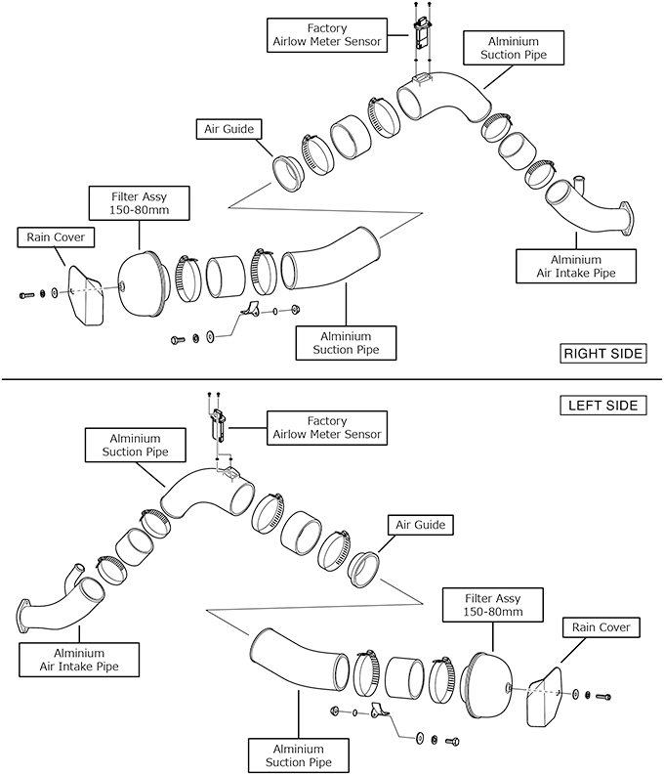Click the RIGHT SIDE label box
pyautogui.click(x=602, y=353)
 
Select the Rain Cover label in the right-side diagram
pyautogui.click(x=47, y=237)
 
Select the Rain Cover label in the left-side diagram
pyautogui.click(x=601, y=626)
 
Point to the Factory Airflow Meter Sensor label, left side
pyautogui.click(x=327, y=427)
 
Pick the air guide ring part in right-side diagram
pyautogui.click(x=290, y=173)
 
